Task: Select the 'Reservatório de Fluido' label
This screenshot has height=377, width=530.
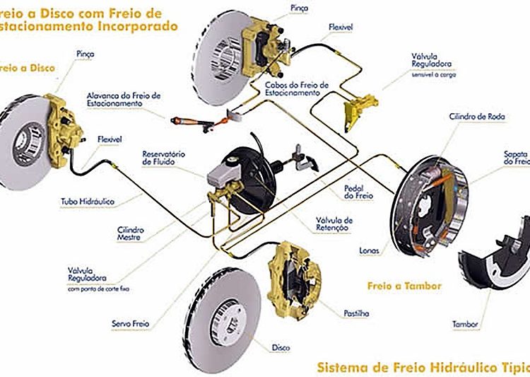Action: pyautogui.click(x=163, y=158)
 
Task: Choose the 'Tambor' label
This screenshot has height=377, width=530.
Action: pyautogui.click(x=466, y=325)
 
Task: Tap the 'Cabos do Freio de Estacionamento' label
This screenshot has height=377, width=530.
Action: pyautogui.click(x=297, y=88)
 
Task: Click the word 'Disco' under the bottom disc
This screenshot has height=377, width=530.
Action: pyautogui.click(x=281, y=347)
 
